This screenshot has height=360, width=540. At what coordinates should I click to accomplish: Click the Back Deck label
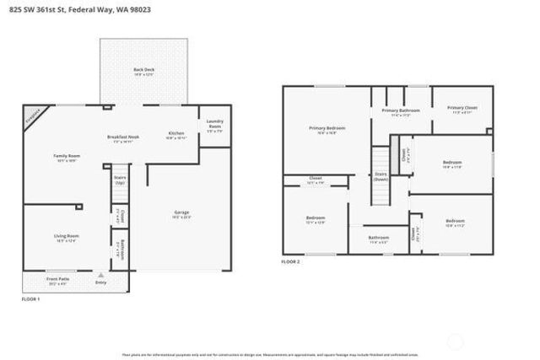coord(143,70)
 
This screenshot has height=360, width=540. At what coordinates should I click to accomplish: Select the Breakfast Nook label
coord(123,137)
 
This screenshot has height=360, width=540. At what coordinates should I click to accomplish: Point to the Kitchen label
coord(175,133)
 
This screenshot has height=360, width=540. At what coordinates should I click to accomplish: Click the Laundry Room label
coord(213,126)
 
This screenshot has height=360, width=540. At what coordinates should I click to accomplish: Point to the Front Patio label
coord(58,278)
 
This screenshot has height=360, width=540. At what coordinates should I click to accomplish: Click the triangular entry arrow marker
coord(100,275)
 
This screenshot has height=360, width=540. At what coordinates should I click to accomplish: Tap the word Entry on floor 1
coord(100,283)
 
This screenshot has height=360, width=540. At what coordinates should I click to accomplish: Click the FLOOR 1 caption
coord(30,299)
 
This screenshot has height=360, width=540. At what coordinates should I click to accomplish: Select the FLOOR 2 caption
coord(290,261)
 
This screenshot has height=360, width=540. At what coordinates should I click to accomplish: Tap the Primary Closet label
coord(462,108)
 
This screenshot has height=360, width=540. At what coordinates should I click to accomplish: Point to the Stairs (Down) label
coord(381,176)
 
